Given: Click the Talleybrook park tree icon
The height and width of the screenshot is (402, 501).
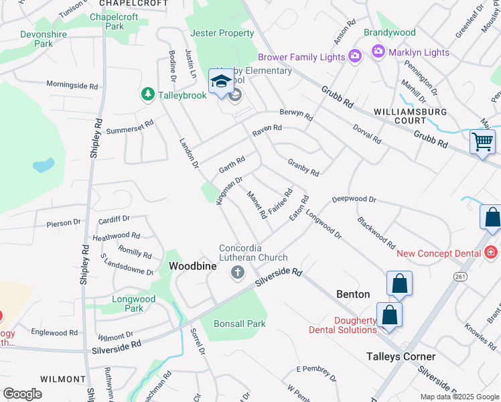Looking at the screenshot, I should (147, 95).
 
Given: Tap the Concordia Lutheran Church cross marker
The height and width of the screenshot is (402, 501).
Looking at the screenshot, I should (236, 272).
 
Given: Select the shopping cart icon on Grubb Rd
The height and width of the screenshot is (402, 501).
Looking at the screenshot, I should (482, 141).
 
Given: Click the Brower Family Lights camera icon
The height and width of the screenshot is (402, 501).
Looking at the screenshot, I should (354, 57).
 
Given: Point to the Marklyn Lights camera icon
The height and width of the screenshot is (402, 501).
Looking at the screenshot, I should (378, 51).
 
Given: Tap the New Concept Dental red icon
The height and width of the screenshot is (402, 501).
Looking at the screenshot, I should (491, 253).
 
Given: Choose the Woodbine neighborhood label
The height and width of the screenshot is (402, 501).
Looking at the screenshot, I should (193, 266).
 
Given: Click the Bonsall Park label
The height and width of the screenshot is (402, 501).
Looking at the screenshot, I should (240, 324).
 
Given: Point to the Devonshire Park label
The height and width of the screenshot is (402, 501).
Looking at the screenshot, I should (46, 39).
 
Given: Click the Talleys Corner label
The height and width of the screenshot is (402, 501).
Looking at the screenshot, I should (401, 356).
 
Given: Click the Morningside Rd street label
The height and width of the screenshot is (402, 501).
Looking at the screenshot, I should (72, 85).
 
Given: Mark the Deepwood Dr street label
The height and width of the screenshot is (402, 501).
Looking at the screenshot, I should (354, 199).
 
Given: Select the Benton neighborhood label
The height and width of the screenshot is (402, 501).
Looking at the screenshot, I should (352, 294).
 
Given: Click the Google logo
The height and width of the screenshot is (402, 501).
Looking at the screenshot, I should (22, 394).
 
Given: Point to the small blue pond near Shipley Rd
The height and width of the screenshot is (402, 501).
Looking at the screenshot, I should (43, 165).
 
